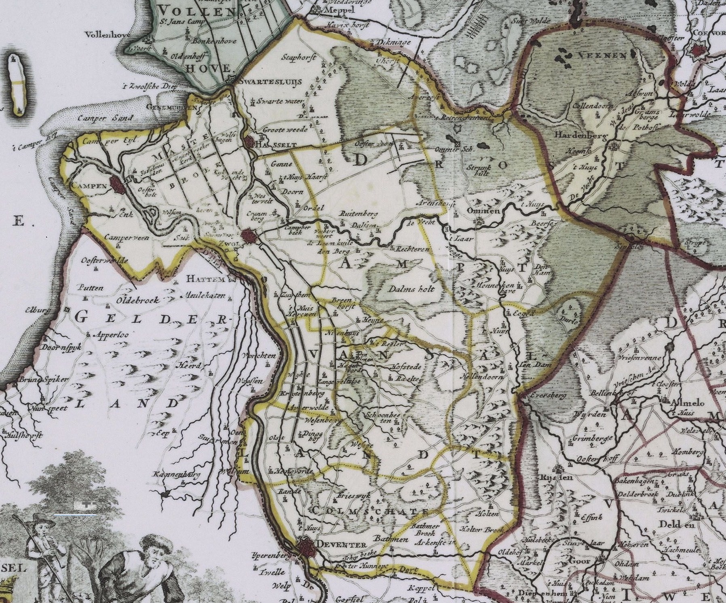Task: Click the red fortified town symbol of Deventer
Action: pyautogui.click(x=306, y=548)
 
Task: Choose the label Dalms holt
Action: pyautogui.click(x=410, y=289)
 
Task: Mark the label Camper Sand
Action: pyautogui.click(x=105, y=118)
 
